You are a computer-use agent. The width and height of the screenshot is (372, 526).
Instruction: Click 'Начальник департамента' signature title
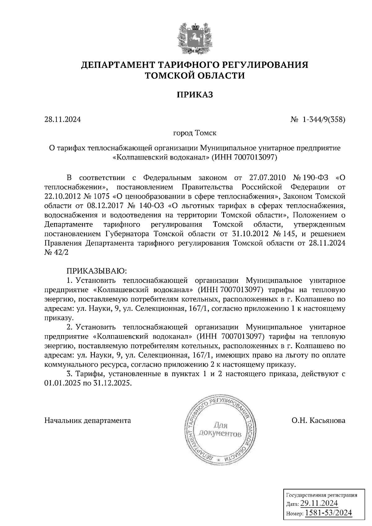point(88,421)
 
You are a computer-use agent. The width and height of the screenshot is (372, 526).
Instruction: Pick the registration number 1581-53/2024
point(328,513)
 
